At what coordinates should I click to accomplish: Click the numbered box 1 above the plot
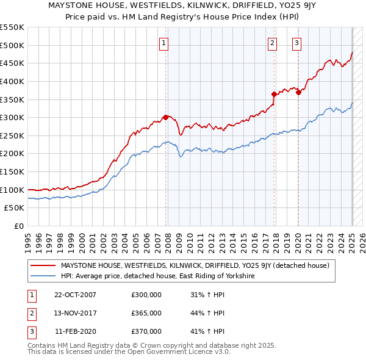(x=165, y=43)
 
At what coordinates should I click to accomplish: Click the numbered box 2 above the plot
(x=272, y=43)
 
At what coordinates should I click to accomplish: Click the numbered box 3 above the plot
(x=296, y=43)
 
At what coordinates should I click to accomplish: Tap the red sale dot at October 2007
(x=165, y=117)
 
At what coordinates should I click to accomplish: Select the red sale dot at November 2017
(x=274, y=94)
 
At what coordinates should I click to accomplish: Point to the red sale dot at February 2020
(x=298, y=92)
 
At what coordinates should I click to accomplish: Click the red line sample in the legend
(x=43, y=265)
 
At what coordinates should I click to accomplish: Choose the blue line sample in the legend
(x=43, y=276)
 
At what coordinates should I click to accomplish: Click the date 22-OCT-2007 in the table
(x=75, y=295)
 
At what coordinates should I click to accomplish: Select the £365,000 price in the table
(x=146, y=313)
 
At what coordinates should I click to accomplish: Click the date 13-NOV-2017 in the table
(x=75, y=313)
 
